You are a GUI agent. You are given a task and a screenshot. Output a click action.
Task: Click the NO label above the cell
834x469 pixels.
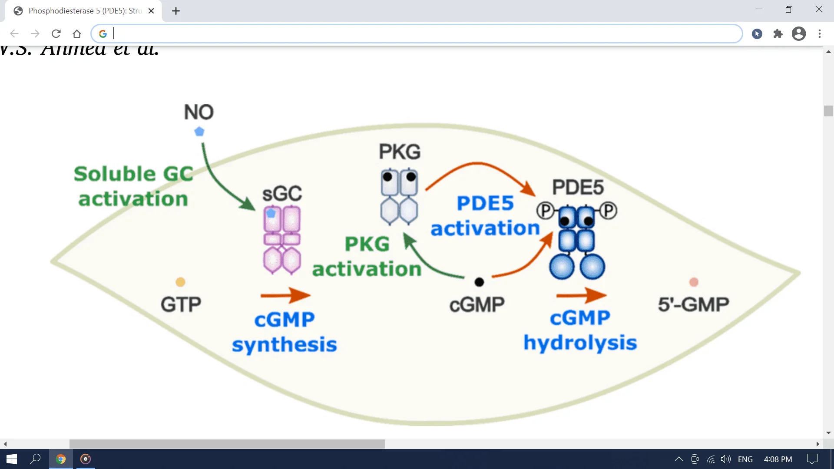click(199, 112)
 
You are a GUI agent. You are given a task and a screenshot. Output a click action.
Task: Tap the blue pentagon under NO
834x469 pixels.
click(199, 132)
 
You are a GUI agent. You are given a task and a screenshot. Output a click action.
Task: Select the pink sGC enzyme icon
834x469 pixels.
click(281, 240)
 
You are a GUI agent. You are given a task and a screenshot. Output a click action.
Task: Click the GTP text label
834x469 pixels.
click(181, 304)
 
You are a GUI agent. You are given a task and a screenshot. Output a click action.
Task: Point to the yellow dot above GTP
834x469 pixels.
click(180, 282)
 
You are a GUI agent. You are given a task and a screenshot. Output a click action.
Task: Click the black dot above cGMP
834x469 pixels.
click(479, 282)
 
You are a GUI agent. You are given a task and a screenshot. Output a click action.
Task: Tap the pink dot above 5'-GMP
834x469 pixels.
click(694, 282)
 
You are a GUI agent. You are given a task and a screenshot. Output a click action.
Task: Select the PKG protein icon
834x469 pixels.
click(399, 197)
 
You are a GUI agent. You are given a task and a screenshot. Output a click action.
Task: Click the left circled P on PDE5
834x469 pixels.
click(545, 211)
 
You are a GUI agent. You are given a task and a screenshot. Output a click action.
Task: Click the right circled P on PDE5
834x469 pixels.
click(609, 211)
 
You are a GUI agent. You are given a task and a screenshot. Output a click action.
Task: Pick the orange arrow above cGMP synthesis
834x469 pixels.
click(285, 295)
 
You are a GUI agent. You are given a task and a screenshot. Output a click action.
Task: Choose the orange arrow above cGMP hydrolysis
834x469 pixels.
click(581, 295)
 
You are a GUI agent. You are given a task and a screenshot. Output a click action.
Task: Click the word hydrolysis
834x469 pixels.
click(580, 343)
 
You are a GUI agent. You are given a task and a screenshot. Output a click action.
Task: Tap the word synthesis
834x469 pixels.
click(285, 345)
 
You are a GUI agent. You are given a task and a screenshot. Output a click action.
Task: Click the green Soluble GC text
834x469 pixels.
click(133, 174)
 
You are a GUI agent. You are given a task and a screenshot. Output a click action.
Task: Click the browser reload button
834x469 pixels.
click(56, 33)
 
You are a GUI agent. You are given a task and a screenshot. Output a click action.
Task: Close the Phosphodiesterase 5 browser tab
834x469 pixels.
click(151, 11)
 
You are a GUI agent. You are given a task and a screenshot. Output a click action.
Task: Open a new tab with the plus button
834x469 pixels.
click(176, 11)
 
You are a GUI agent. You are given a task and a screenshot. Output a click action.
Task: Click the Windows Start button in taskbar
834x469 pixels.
click(12, 459)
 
